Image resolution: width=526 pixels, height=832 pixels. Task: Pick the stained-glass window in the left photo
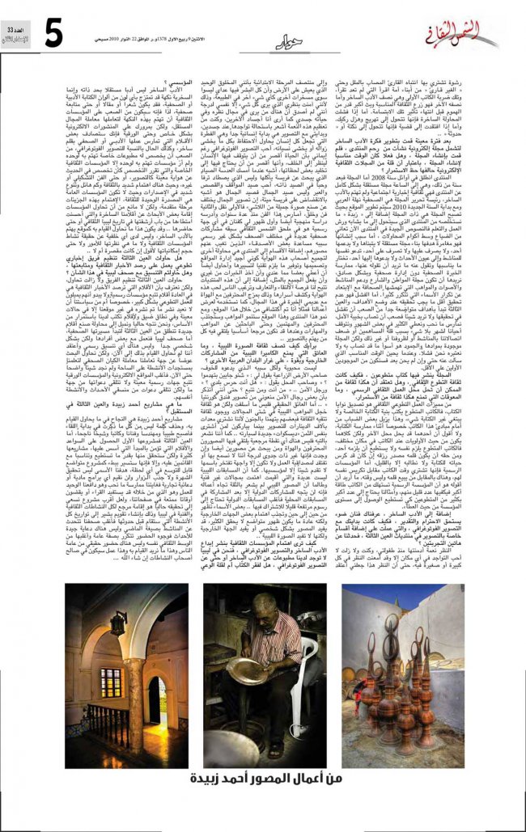(110, 683)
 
